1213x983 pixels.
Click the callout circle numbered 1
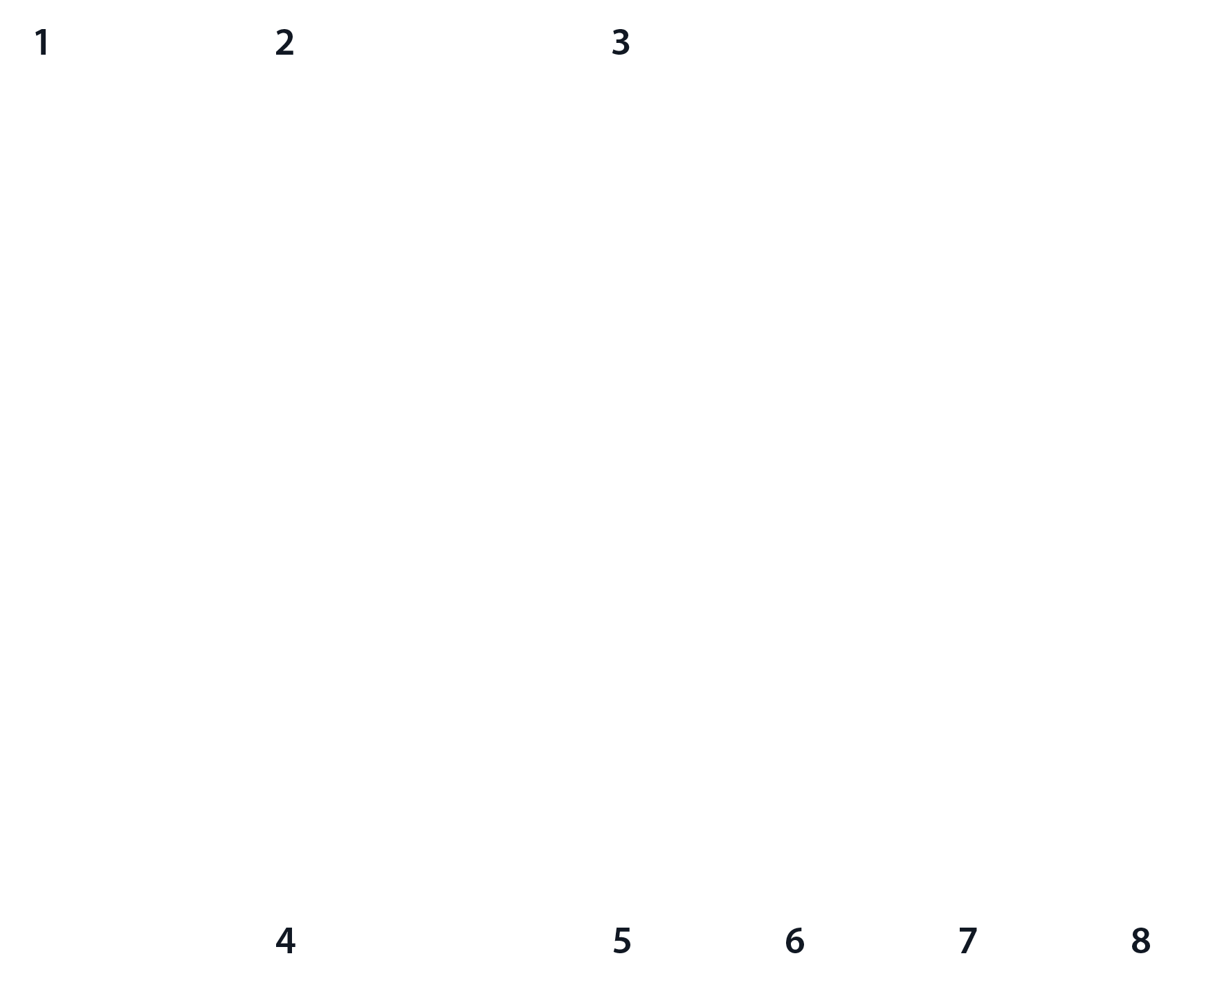42,43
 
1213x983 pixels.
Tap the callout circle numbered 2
285,43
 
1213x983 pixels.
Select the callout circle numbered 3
621,43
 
